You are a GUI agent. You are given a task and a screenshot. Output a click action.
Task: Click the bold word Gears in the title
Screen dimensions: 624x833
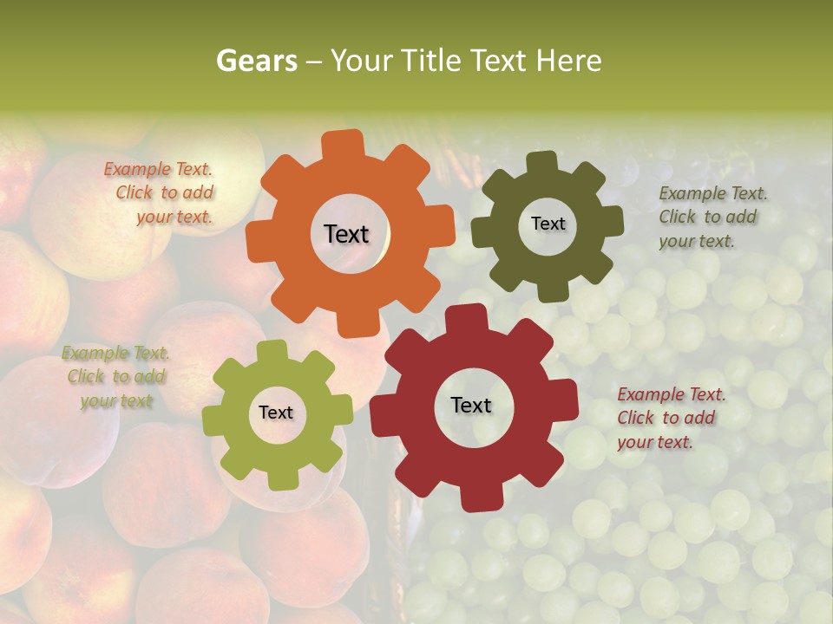click(x=256, y=61)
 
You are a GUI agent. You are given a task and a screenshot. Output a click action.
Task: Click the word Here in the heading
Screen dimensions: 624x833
click(x=568, y=61)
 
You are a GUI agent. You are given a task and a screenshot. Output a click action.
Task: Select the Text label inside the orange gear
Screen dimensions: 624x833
click(x=346, y=234)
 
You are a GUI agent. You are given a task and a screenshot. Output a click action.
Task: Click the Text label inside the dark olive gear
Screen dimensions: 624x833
click(x=548, y=224)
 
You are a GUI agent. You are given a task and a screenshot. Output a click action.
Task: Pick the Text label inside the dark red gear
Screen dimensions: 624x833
click(x=471, y=405)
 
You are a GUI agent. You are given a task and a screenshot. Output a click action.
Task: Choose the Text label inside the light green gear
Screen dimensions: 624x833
click(x=276, y=413)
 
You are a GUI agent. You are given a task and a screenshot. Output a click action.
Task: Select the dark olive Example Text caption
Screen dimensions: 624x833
click(x=712, y=217)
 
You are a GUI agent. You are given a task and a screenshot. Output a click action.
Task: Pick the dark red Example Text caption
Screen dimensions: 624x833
click(x=671, y=418)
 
